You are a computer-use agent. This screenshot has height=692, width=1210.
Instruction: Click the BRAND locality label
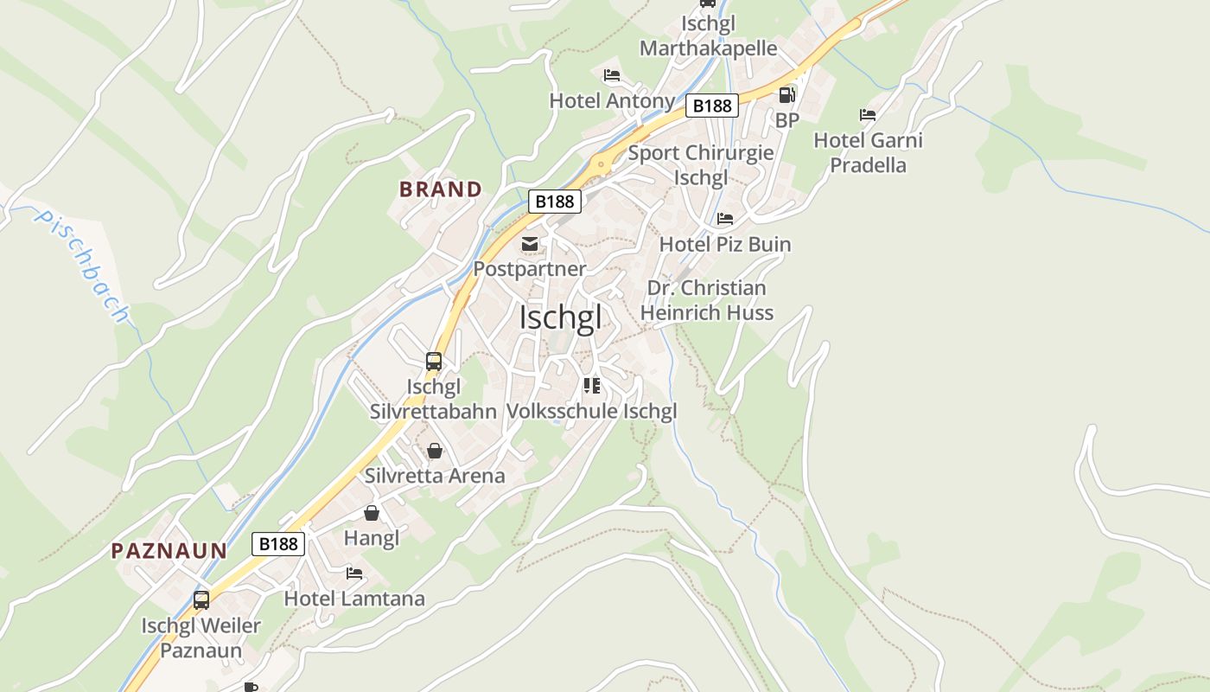coord(440,189)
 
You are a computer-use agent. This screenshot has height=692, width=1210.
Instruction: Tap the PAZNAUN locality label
coord(169,550)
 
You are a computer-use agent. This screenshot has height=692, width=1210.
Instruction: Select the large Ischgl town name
coord(560,317)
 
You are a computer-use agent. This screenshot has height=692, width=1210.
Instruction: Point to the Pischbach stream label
coord(81,266)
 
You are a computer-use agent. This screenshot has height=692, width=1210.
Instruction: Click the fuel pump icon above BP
coord(786,95)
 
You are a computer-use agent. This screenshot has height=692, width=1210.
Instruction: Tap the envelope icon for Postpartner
coord(530,244)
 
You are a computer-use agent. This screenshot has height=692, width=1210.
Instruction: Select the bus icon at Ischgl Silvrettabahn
coord(434,362)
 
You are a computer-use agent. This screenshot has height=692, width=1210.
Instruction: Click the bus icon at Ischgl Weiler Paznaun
coord(201,599)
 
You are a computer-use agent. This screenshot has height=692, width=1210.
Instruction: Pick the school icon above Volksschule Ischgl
coord(591,386)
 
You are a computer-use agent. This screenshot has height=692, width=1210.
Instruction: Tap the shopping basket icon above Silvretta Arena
coord(435,451)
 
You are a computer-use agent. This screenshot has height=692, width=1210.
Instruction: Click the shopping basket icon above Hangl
coord(372,513)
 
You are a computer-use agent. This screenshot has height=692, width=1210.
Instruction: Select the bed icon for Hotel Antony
coord(612,75)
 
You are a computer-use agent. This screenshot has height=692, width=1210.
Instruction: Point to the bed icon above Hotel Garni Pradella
coord(868,115)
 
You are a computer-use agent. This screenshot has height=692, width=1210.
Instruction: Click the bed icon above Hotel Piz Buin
coord(724,219)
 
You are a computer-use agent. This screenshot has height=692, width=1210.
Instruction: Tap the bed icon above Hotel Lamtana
coord(354,573)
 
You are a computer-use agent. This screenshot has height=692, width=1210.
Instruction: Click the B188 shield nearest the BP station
coord(712,106)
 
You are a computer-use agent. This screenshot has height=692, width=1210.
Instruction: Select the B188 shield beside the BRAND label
coord(554,201)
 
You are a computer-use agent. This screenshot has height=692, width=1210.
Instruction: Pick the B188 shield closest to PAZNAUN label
coord(278,543)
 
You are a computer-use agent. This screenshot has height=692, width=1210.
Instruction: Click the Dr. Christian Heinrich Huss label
coord(706,300)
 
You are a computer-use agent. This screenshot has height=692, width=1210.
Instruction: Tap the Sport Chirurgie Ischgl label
coord(700,165)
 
